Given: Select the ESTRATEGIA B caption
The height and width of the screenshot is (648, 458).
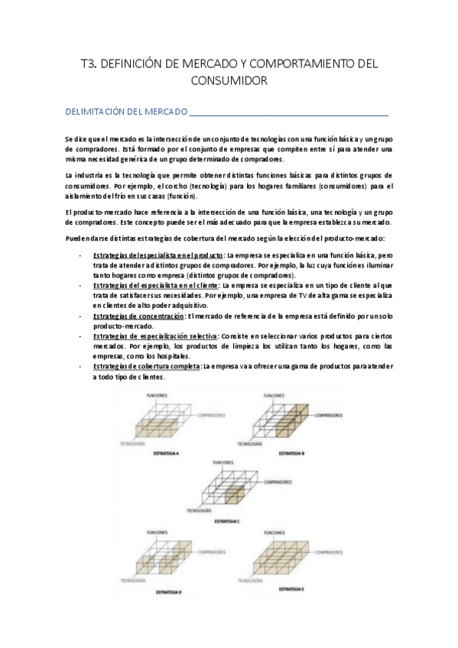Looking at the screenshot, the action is pos(291,453).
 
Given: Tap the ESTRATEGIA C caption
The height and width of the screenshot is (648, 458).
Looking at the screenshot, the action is pos(227,520).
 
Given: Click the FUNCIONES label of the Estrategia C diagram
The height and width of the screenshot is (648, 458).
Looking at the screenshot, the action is pos(223,463).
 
